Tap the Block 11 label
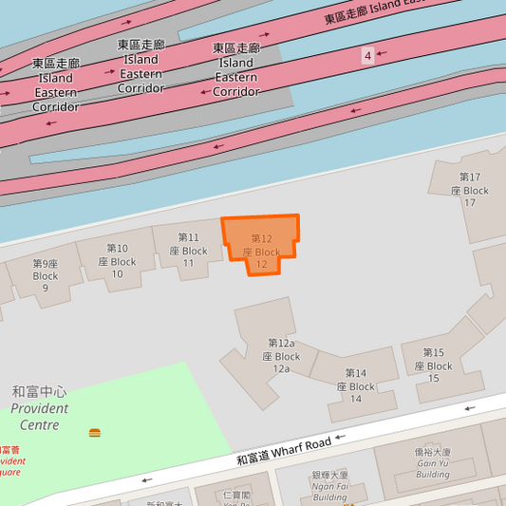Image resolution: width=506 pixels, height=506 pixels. [x=188, y=250]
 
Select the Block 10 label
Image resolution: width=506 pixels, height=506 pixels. [x=117, y=261]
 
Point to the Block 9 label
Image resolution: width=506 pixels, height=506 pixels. [x=46, y=276]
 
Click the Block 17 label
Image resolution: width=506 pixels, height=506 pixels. [x=470, y=190]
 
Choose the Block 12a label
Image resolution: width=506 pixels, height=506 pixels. [x=281, y=356]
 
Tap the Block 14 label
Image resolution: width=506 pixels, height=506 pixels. [x=355, y=386]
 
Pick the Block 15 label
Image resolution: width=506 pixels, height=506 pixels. [x=433, y=365]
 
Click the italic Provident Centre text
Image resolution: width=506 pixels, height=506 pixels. [x=39, y=416]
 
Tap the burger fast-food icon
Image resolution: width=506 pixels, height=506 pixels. [x=95, y=433]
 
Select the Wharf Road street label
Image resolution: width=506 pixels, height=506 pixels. [x=284, y=451]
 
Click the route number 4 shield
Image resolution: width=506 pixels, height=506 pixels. [x=367, y=56]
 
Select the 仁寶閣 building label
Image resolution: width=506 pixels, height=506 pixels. [x=235, y=495]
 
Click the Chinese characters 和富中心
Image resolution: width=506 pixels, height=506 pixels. [x=39, y=391]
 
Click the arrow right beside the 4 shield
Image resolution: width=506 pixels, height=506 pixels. [x=383, y=54]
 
